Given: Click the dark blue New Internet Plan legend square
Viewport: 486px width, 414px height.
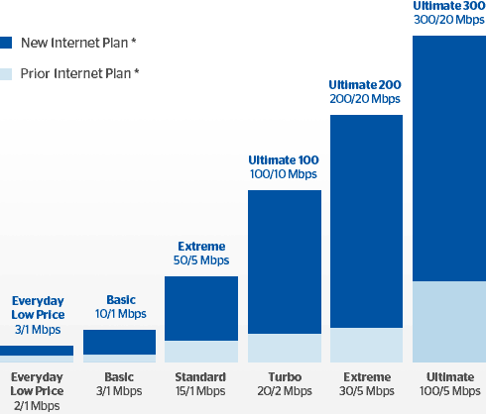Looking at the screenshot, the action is point(6,43).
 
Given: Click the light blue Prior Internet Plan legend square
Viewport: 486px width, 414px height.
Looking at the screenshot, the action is point(6,74).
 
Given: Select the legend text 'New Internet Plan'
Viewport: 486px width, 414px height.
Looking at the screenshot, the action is point(74,43).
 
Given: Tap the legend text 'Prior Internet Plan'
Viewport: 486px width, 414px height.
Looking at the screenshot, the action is point(75,73).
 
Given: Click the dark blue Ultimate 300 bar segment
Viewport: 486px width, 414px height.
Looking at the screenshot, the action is point(449,158).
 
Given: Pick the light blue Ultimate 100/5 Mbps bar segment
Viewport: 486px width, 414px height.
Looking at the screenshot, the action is point(449,322).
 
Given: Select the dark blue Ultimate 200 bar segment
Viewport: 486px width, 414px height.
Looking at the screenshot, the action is point(366,222).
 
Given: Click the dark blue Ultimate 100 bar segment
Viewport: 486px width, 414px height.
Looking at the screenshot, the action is point(285,261).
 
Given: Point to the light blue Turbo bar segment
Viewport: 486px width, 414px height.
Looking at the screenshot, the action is point(285,348).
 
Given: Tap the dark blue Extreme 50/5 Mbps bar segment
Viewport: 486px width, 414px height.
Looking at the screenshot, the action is point(201,308).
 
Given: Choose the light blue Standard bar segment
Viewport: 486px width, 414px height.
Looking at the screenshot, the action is point(201,352).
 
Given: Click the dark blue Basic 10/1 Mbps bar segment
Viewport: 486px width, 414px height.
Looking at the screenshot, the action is point(119,342).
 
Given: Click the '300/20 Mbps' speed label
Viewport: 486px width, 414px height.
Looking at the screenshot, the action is point(449,20).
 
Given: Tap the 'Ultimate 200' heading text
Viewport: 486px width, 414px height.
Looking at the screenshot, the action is point(365,85).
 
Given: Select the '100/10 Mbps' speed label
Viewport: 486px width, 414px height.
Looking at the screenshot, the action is point(284,174).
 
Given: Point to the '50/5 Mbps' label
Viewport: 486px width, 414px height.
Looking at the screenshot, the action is point(201,260).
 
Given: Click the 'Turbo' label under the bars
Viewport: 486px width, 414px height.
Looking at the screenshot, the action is point(285,377).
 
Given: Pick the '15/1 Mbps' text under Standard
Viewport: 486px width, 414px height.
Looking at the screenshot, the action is point(200,391).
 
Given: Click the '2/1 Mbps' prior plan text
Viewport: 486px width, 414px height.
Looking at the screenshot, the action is point(37,406).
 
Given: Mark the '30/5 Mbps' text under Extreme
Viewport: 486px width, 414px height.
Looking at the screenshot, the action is point(367,391).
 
